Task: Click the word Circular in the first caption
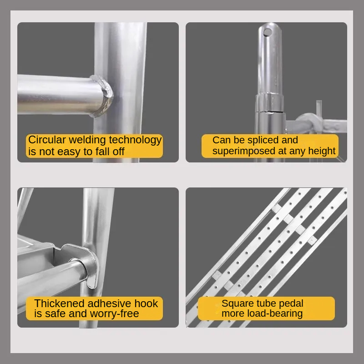click(x=47, y=140)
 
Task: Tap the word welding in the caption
click(x=87, y=141)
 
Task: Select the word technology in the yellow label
click(x=135, y=141)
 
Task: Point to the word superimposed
click(x=243, y=152)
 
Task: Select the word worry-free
click(x=114, y=314)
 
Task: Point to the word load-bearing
click(x=275, y=314)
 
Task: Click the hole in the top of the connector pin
click(x=268, y=32)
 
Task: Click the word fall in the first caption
click(x=103, y=152)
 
